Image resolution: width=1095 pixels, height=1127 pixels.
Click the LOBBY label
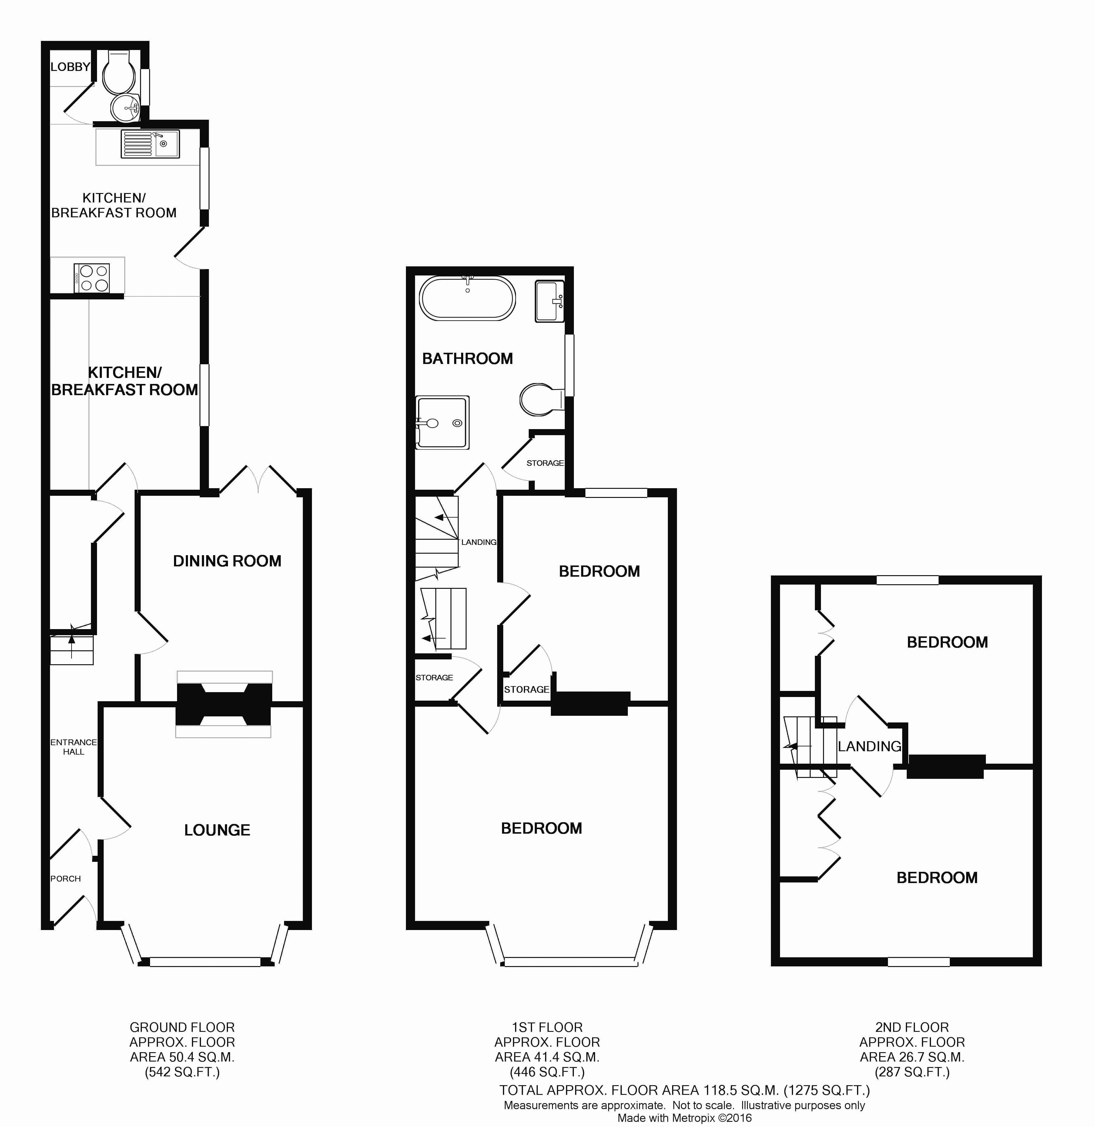pos(70,67)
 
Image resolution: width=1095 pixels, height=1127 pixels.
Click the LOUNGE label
pos(217,830)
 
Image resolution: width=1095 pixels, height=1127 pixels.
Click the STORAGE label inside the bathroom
pos(545,463)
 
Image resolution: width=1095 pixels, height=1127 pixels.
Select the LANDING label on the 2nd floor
pos(869,746)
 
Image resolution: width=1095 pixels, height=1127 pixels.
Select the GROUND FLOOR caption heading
pos(182,1027)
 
